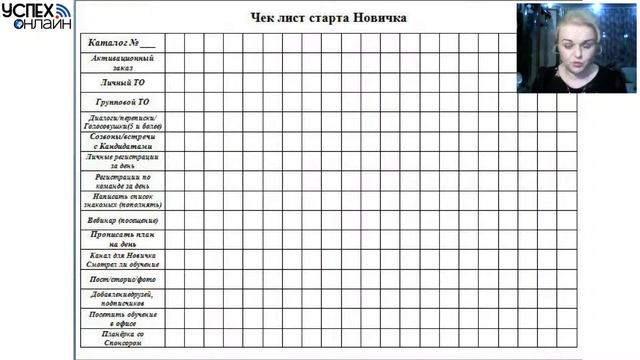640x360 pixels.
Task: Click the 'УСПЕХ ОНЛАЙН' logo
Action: (35, 16)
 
